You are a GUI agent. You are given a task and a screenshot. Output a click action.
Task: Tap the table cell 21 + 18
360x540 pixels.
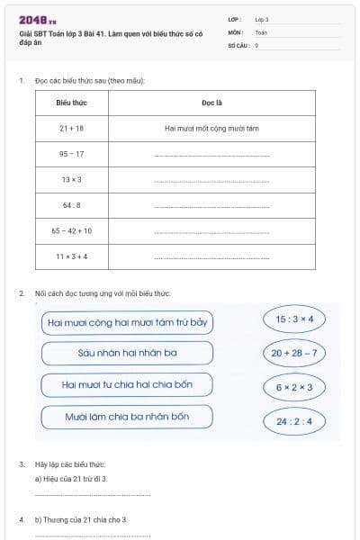pos(71,129)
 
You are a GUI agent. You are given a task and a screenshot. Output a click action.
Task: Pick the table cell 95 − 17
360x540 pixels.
pos(71,154)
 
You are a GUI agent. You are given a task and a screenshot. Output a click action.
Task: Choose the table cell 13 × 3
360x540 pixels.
pos(71,179)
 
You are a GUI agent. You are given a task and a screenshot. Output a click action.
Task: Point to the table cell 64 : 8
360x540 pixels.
pos(71,204)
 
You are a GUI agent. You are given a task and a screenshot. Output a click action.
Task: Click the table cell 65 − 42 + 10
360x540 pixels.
pos(71,230)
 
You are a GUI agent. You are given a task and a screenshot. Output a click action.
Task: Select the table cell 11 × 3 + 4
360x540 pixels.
pos(71,256)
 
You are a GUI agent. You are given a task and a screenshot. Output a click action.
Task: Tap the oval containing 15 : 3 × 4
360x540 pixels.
pos(294,319)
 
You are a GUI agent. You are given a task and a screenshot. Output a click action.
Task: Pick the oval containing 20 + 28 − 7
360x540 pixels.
pos(294,353)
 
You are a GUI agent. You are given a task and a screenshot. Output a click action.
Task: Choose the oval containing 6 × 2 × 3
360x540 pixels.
pos(294,387)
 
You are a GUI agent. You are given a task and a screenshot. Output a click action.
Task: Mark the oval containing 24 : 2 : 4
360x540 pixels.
pos(294,420)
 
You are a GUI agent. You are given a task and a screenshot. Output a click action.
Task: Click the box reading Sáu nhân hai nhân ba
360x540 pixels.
pos(127,353)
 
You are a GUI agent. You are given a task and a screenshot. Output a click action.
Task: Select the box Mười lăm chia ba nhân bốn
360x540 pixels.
pos(127,418)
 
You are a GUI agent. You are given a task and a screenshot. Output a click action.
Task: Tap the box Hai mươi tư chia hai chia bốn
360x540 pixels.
pos(127,385)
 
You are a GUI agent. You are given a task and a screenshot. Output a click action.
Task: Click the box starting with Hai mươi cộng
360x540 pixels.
pos(127,321)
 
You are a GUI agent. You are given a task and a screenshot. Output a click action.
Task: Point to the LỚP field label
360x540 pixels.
pos(235,19)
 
